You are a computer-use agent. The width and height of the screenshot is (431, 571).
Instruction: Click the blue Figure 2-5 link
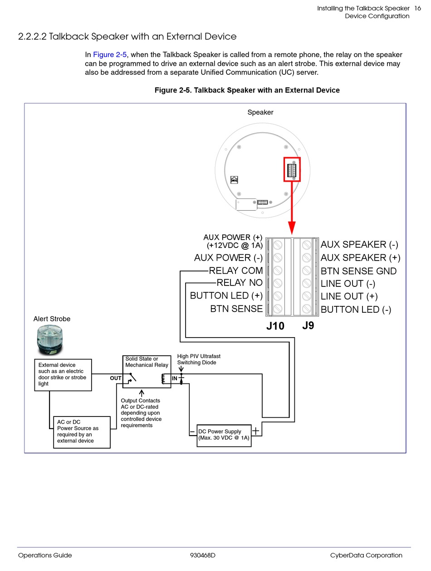point(110,55)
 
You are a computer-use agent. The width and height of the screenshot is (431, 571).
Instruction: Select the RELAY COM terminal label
point(235,271)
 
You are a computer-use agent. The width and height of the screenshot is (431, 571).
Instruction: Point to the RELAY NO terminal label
point(240,282)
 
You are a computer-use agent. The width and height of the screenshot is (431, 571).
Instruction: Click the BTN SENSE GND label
point(358,271)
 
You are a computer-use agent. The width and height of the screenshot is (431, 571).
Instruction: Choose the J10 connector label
point(275,326)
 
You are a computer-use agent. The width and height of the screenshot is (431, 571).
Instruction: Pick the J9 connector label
point(308,325)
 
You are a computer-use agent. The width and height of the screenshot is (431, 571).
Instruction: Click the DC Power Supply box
point(224,436)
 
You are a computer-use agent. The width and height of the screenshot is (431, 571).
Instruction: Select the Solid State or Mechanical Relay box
point(147,372)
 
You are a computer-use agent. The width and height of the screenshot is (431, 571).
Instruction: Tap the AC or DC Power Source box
point(82,432)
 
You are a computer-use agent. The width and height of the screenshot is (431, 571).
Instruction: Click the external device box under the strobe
point(63,375)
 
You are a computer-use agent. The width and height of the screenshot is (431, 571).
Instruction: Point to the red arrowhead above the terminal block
point(292,228)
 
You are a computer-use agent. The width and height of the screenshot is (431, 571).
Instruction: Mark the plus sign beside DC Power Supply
point(256,431)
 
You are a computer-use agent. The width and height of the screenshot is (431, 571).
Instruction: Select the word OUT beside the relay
point(116,378)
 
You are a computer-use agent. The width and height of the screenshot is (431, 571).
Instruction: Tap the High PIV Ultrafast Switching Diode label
point(199,359)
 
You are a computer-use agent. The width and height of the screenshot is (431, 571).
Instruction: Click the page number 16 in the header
point(417,8)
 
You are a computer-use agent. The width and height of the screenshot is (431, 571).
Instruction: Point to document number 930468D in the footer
point(203,555)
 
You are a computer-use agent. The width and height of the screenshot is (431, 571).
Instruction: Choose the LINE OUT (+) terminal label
point(349,296)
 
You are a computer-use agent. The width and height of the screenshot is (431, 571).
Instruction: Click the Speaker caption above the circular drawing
point(260,112)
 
